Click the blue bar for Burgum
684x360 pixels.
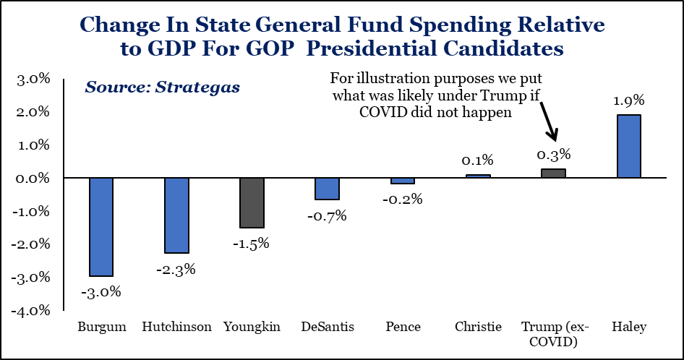tap(101, 227)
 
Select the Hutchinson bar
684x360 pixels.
tap(176, 215)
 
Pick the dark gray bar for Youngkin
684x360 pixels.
tap(252, 202)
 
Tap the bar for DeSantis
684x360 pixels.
tap(327, 189)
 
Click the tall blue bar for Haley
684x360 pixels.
tap(629, 146)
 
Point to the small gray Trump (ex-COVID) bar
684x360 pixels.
tap(554, 173)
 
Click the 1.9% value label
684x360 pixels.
tap(629, 100)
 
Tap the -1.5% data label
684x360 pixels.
tap(252, 243)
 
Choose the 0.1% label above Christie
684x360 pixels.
tap(478, 160)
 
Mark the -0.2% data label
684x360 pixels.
tap(403, 199)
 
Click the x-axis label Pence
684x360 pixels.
tap(403, 327)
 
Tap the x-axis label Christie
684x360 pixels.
tap(478, 327)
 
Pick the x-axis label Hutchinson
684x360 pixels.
tap(176, 327)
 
